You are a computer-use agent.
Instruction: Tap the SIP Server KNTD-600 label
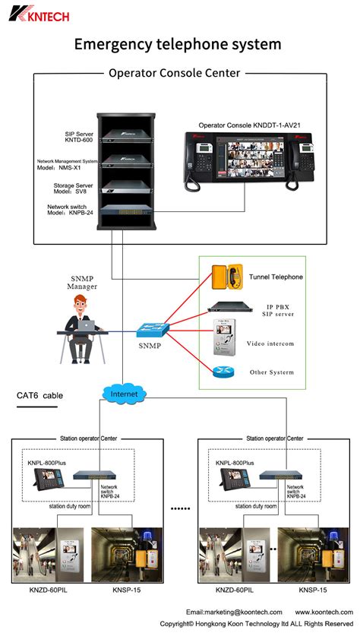click(79, 137)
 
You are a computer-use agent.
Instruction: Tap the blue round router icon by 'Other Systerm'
click(222, 372)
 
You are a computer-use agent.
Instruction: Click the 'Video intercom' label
click(270, 343)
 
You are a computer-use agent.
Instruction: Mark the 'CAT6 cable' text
click(42, 396)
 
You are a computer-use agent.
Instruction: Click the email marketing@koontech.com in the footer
click(234, 612)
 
